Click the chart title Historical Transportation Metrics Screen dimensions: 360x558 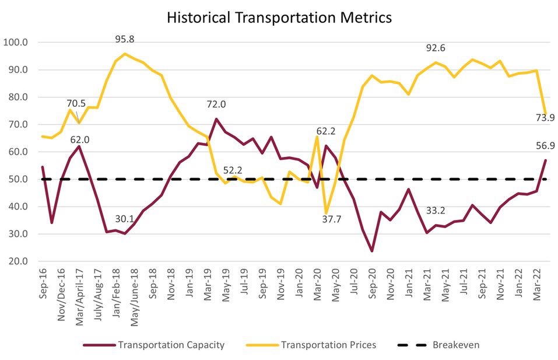279,18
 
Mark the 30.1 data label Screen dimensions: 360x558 124,219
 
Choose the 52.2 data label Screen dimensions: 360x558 232,170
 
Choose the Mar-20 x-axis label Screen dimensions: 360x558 318,285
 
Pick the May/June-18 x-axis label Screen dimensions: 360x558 134,298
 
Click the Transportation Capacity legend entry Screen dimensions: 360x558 171,345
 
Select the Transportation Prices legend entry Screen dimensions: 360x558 328,345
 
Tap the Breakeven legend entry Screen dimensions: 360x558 455,345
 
